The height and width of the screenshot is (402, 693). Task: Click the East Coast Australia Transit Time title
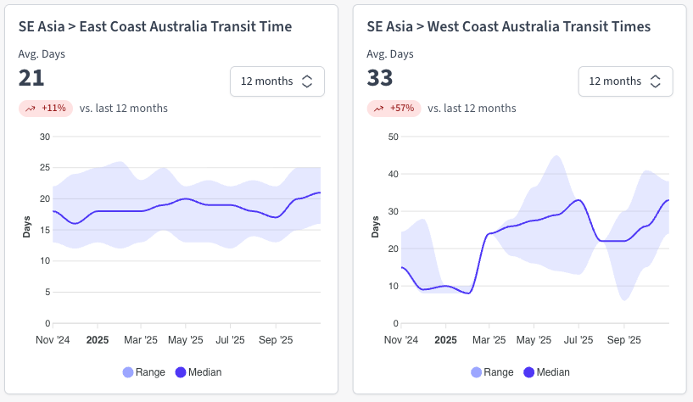tap(155, 27)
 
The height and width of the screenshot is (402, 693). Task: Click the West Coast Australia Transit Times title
tap(509, 27)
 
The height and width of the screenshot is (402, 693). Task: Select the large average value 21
tap(31, 79)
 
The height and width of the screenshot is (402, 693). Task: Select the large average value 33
tap(380, 79)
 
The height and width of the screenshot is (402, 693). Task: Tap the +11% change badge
tap(46, 109)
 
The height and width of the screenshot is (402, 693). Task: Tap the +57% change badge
tap(394, 109)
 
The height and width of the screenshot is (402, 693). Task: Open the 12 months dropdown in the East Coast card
tap(277, 81)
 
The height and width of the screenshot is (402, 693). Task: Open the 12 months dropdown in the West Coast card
tap(625, 81)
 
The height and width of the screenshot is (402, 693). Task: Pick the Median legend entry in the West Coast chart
tap(546, 371)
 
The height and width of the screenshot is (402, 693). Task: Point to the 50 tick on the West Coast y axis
tap(394, 137)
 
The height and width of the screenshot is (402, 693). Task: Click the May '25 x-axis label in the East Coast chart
tap(186, 339)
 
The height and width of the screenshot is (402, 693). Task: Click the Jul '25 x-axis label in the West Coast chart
tap(579, 339)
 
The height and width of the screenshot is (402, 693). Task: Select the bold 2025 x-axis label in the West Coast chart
tap(445, 339)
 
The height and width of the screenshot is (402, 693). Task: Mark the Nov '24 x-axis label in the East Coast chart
tap(53, 339)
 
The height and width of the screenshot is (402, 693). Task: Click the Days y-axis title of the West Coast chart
tap(375, 227)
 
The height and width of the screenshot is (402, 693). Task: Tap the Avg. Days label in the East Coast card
tap(42, 54)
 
